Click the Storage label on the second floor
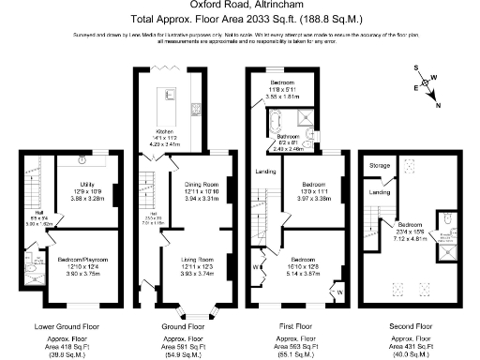pyautogui.click(x=380, y=165)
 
